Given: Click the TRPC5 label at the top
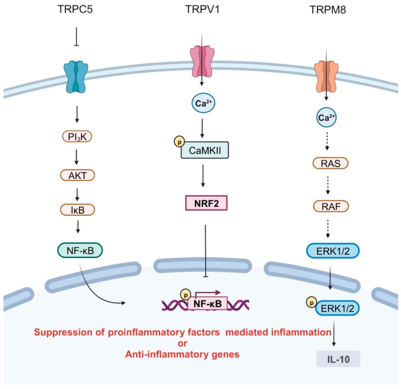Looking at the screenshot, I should tap(76, 9).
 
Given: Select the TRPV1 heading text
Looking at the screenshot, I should tap(203, 9).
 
